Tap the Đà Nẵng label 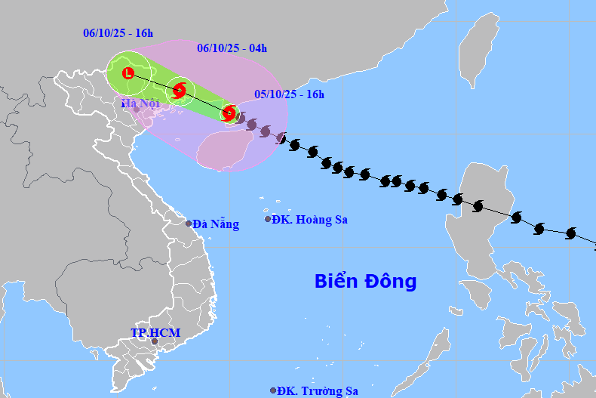216,224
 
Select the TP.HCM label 155,332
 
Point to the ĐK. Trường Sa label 317,391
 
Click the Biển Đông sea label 365,282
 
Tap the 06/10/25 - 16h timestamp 118,33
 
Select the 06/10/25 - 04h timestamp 232,48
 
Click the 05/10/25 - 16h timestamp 289,94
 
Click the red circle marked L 127,73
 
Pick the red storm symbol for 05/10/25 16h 229,113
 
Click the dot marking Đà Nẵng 189,224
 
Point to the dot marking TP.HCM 155,341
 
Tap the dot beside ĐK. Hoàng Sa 268,219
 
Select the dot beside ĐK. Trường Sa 273,390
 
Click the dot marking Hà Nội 137,110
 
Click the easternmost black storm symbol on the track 570,234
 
